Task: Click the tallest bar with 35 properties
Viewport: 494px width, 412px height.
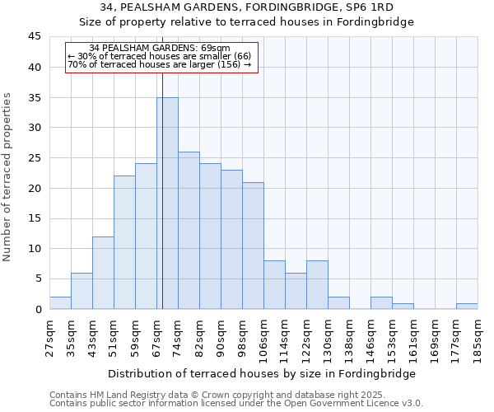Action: click(x=167, y=203)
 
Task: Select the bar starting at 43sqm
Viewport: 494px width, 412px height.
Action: click(x=103, y=273)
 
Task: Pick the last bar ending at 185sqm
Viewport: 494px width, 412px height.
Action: click(x=467, y=307)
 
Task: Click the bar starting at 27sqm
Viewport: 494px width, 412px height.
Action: click(x=60, y=302)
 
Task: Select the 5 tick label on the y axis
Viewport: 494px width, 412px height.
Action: click(x=38, y=279)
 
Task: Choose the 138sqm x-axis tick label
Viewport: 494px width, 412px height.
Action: click(x=350, y=338)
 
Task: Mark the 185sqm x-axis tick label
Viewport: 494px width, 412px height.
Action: click(x=478, y=338)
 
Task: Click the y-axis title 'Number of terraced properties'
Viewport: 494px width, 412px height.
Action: click(x=8, y=176)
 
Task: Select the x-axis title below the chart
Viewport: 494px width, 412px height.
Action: click(x=261, y=373)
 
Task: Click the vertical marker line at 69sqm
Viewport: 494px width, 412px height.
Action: click(x=163, y=206)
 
